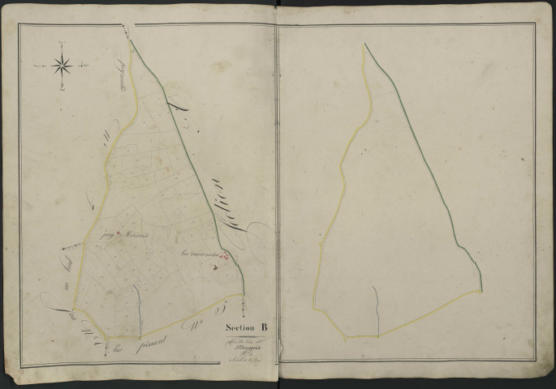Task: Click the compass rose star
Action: (x=63, y=65)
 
